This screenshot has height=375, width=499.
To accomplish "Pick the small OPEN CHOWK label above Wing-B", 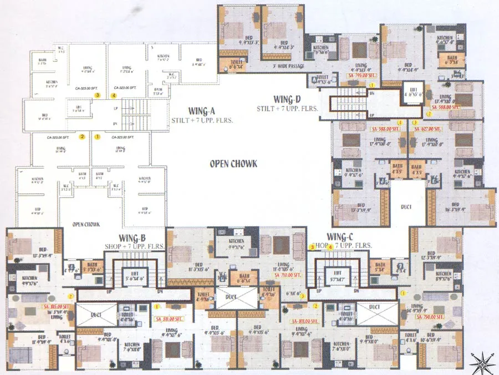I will [85, 225].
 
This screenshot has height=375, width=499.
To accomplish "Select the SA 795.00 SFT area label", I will [361, 74].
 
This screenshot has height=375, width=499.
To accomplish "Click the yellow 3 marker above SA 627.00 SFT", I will [415, 122].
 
